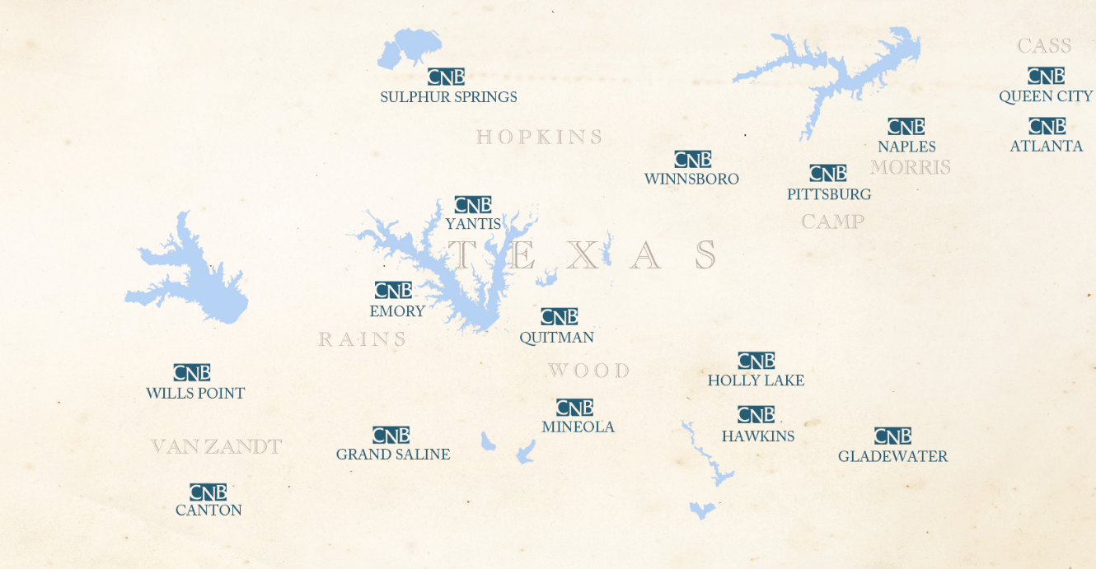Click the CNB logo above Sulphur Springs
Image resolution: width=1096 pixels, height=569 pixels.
(446, 77)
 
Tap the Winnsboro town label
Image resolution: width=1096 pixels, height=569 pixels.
(691, 179)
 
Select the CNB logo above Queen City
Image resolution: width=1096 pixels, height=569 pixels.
(1046, 76)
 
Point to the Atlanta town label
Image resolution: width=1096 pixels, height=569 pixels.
(1046, 146)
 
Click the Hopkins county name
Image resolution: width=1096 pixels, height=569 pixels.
(540, 137)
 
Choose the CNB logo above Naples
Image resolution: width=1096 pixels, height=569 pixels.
(906, 127)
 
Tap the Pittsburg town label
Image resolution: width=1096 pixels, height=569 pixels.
(828, 194)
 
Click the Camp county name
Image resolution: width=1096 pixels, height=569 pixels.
(832, 222)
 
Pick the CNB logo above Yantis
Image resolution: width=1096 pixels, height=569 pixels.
(472, 205)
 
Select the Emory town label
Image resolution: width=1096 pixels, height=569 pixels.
(397, 311)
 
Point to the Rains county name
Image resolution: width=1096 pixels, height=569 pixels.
(363, 339)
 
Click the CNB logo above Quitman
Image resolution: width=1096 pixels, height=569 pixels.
(559, 316)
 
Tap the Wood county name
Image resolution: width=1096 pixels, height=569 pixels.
(588, 371)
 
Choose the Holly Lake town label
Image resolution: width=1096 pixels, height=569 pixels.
(756, 380)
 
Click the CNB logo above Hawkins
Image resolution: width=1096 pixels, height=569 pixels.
(756, 415)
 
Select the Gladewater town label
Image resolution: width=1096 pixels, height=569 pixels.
(892, 456)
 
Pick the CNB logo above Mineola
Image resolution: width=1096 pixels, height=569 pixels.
(574, 408)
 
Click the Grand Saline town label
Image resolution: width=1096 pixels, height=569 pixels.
(393, 455)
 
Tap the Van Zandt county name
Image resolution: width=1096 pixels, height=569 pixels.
(216, 446)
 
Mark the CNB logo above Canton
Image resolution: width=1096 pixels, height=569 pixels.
(208, 492)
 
